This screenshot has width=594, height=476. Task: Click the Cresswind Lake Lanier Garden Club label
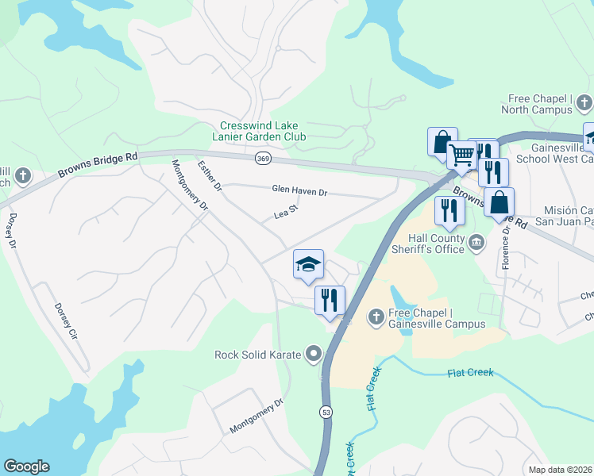(x=263, y=131)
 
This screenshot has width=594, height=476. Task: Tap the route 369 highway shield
(x=263, y=159)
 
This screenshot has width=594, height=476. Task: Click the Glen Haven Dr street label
(x=299, y=191)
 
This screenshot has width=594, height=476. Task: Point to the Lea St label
(x=284, y=213)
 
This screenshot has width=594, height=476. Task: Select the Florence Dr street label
(x=504, y=246)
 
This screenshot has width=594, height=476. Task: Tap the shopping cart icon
(x=461, y=154)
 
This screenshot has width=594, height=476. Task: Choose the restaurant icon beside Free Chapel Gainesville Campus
(x=330, y=301)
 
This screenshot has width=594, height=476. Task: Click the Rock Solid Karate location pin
(x=315, y=354)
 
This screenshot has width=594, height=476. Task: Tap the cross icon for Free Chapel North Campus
(x=584, y=102)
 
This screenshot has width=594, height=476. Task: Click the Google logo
(x=26, y=466)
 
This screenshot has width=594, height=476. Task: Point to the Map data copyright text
(x=560, y=470)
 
